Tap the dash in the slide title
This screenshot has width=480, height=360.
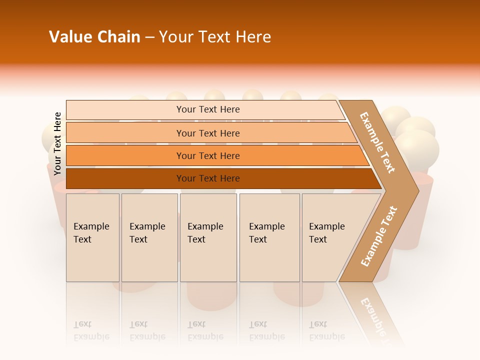pyautogui.click(x=149, y=37)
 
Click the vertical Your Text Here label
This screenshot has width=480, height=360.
pyautogui.click(x=57, y=143)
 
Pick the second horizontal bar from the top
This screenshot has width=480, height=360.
pyautogui.click(x=207, y=133)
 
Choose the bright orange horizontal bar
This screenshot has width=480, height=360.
pyautogui.click(x=207, y=155)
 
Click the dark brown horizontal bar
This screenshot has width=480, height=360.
pyautogui.click(x=207, y=178)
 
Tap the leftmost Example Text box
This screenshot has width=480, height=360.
pyautogui.click(x=92, y=237)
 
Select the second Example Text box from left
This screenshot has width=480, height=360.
pyautogui.click(x=149, y=237)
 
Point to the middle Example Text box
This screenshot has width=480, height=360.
pyautogui.click(x=208, y=237)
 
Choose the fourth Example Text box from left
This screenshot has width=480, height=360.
pyautogui.click(x=269, y=237)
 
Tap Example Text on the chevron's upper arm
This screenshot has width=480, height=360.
pyautogui.click(x=377, y=142)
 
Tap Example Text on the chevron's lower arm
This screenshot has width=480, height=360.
pyautogui.click(x=378, y=236)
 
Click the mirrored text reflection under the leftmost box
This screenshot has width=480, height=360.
pyautogui.click(x=91, y=330)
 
